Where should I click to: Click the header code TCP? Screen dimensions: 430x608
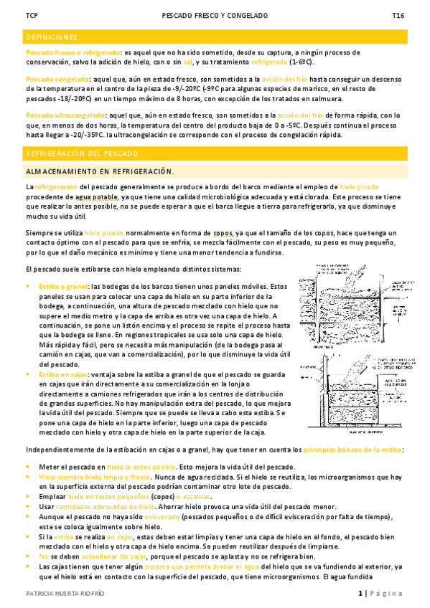31,15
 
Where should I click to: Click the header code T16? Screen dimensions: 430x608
397,15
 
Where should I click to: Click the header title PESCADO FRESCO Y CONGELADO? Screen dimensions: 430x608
215,15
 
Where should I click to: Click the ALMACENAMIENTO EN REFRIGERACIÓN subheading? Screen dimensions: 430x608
100,171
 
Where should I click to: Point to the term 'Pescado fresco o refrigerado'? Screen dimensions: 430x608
73,53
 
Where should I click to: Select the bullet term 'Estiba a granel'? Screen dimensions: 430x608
64,285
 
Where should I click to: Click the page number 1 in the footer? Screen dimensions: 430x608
360,594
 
